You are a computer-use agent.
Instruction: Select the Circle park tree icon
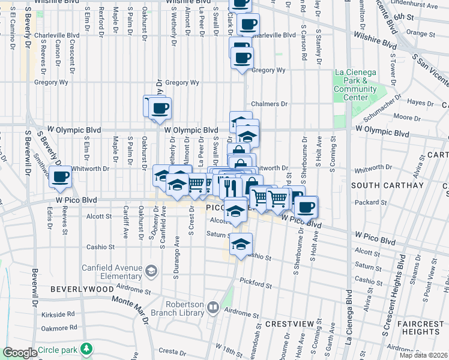tap(87, 349)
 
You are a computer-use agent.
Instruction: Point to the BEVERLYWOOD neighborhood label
tap(82, 289)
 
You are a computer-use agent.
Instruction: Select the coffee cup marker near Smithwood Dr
tap(60, 177)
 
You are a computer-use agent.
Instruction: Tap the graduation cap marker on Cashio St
tap(241, 244)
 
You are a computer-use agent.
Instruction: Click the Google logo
tap(20, 353)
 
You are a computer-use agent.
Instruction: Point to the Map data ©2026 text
tap(423, 355)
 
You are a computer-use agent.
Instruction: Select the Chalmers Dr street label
tap(270, 104)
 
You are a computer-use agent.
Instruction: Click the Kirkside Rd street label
tap(62, 313)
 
